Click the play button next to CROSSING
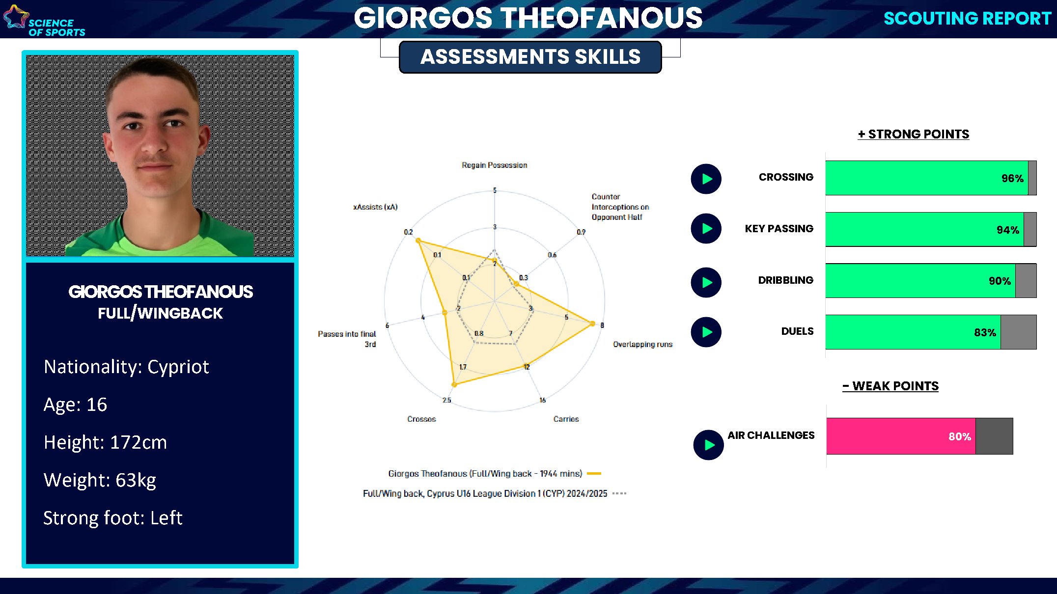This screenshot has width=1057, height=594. coord(706,179)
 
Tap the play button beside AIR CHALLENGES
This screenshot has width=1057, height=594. coord(708,445)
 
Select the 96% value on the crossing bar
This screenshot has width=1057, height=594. coord(1012,179)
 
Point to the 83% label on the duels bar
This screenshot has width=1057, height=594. coord(985,333)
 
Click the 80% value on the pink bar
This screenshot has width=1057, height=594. coord(959,437)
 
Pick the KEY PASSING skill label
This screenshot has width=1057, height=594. coord(779,229)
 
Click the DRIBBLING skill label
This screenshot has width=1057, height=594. coord(785,280)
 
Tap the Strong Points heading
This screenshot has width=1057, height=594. coord(914,135)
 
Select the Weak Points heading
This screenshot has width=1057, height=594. coord(890,386)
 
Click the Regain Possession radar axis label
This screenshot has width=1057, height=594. coord(494,165)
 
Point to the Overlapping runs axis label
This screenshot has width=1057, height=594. coord(642,345)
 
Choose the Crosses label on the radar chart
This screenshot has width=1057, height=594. coord(421,419)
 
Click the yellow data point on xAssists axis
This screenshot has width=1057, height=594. coord(418,241)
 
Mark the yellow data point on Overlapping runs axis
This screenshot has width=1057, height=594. coord(592,324)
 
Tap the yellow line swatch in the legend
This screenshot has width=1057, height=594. coord(594,474)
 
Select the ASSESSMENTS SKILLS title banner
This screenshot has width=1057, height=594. coord(530,57)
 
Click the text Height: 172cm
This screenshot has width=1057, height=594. coord(105,442)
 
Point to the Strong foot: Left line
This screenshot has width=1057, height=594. coord(113,518)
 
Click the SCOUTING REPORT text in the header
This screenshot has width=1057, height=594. coord(967,19)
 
